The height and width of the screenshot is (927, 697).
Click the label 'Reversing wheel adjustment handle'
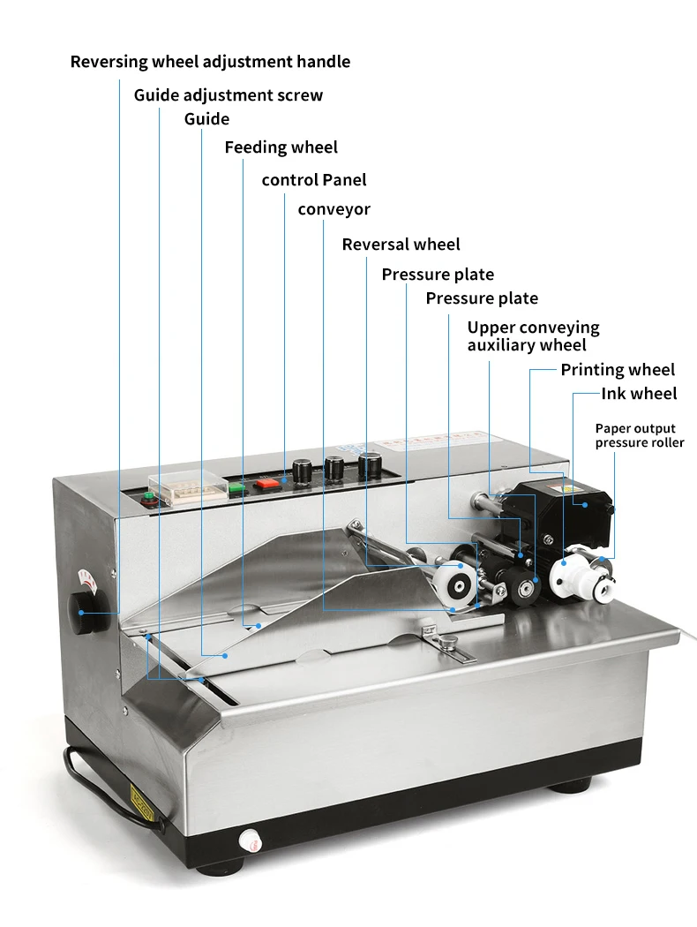[x=210, y=62]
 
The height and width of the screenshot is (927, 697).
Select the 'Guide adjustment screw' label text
[x=228, y=94]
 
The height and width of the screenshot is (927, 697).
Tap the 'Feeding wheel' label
[x=281, y=147]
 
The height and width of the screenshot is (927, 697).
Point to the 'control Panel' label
[x=313, y=180]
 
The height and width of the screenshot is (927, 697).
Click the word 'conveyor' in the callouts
[x=334, y=209]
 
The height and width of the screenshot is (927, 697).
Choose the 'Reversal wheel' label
[x=401, y=245]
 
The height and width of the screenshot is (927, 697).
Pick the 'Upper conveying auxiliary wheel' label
[x=532, y=336]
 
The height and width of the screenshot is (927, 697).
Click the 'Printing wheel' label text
[x=618, y=370]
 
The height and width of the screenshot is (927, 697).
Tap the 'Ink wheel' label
[x=639, y=394]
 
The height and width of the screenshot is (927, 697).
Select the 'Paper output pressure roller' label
[x=639, y=436]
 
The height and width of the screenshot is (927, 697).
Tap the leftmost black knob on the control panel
[x=302, y=470]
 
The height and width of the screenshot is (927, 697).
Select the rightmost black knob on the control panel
[x=370, y=463]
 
